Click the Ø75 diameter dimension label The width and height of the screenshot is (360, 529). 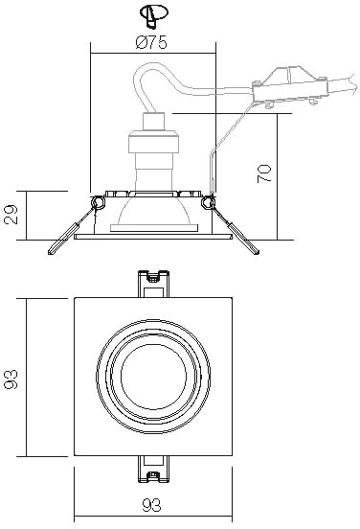(x=151, y=42)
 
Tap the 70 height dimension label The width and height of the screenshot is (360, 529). (x=264, y=173)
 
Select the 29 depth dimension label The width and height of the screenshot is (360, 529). (x=11, y=215)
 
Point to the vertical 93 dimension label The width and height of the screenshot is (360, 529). (x=11, y=379)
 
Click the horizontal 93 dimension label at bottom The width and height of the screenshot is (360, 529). (x=151, y=505)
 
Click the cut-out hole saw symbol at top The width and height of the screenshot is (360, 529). (x=154, y=15)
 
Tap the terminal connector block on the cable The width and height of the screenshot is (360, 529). (x=289, y=87)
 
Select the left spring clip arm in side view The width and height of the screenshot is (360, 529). (x=71, y=231)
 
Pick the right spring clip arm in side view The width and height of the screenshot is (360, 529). (x=236, y=231)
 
